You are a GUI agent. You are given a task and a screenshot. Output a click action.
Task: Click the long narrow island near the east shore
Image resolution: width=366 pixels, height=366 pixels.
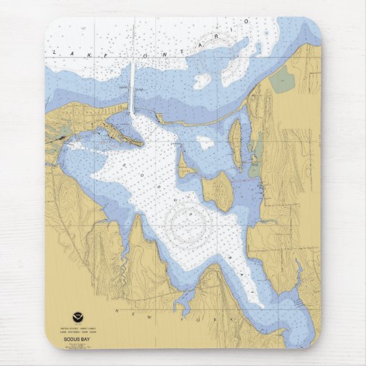click(235, 143)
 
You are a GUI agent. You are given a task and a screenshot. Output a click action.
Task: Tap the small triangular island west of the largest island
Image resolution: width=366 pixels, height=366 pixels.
click(184, 166)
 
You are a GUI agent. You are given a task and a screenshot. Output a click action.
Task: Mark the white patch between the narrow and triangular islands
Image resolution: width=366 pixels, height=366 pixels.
click(204, 143)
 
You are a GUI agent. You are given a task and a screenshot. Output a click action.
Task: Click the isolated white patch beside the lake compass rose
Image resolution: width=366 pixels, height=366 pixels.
click(202, 81)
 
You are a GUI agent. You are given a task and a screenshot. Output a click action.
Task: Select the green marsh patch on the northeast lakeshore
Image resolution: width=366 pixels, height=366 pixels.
click(281, 81)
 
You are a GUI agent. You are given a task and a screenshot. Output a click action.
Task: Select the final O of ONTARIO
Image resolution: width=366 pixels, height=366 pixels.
click(244, 22)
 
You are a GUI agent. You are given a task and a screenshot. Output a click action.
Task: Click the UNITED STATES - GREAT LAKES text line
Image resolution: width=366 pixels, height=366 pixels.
click(77, 327)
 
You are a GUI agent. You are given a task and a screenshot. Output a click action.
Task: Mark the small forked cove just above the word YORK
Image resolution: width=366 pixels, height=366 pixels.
click(184, 299)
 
